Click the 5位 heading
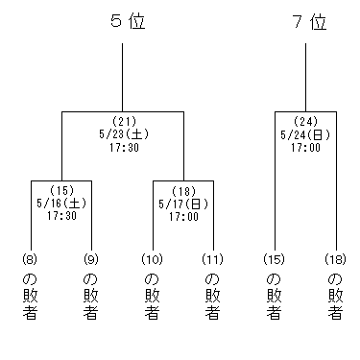click(x=122, y=21)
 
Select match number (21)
click(x=122, y=121)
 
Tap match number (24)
click(x=305, y=121)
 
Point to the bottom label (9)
click(x=91, y=259)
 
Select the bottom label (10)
click(x=153, y=259)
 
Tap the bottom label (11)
click(x=212, y=259)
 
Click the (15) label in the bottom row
click(x=275, y=259)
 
